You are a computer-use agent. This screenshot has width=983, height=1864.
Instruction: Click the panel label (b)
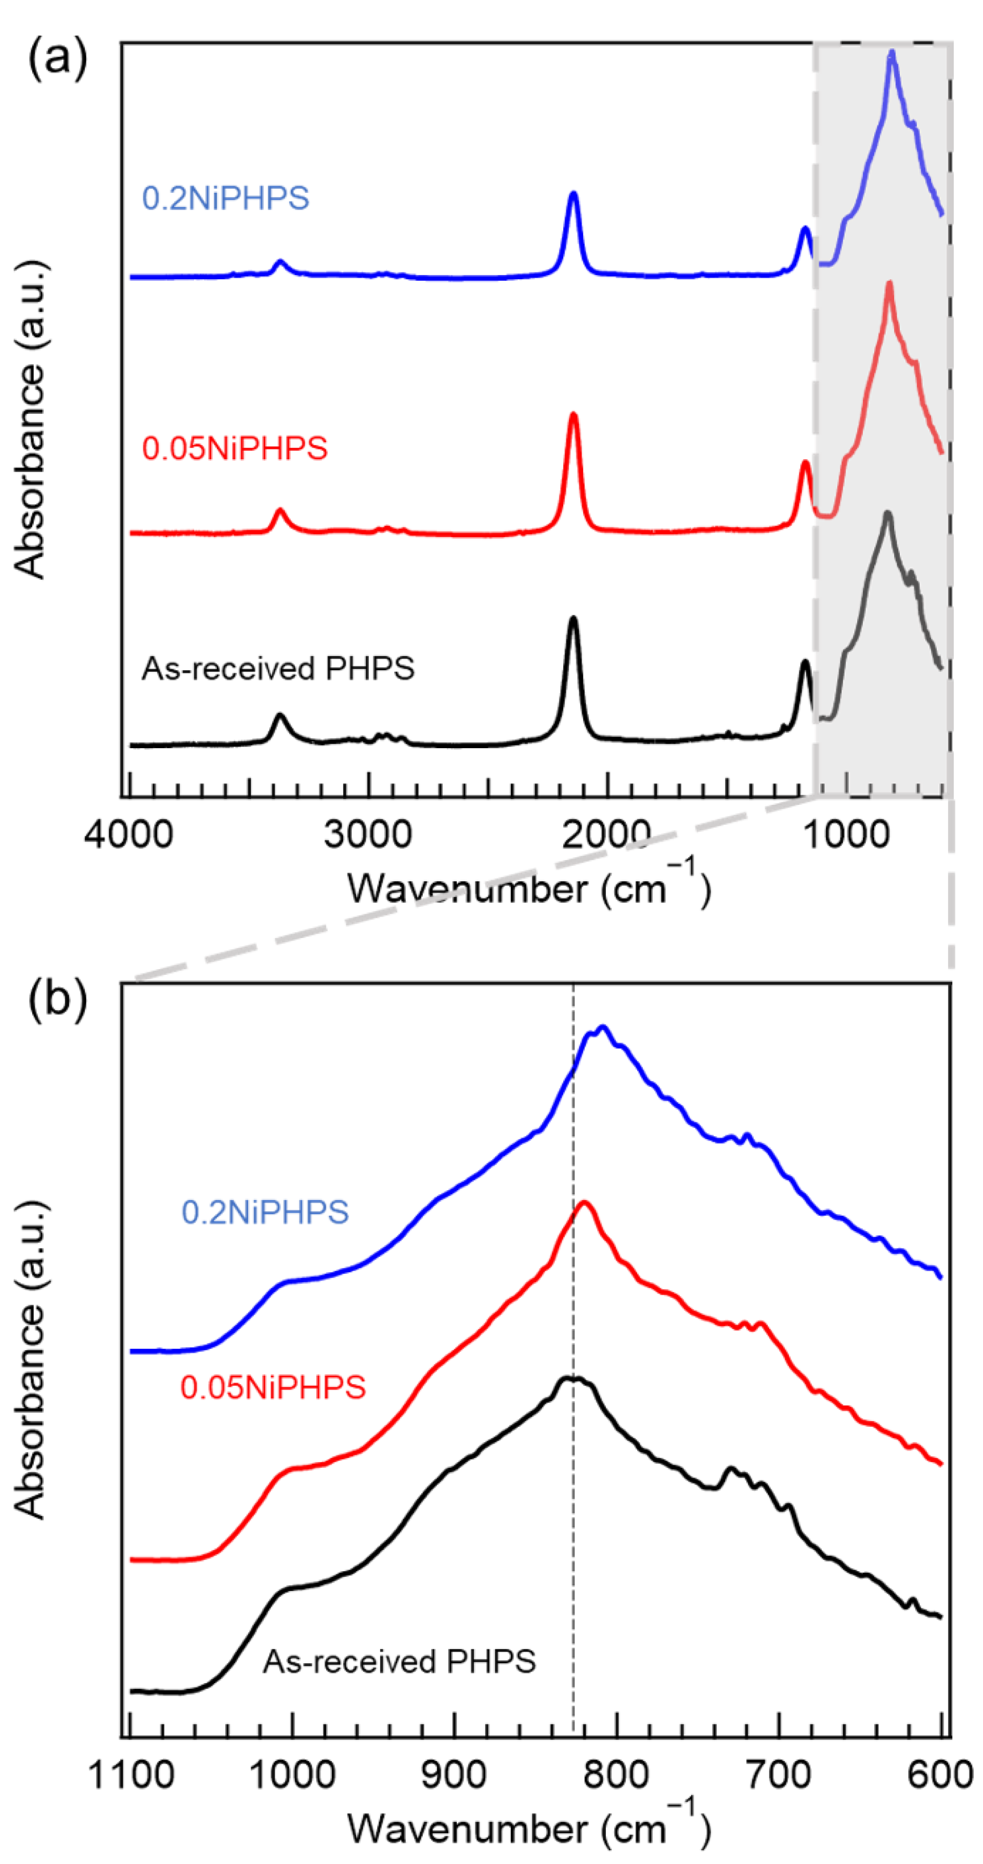click(x=57, y=999)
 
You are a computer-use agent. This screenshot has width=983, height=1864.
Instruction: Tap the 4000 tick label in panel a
click(x=128, y=835)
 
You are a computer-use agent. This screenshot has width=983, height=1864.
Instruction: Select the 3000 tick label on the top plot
click(x=368, y=835)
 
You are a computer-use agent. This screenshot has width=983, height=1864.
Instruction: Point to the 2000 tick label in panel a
click(x=606, y=835)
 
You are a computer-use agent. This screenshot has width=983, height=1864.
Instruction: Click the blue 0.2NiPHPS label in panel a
click(x=225, y=198)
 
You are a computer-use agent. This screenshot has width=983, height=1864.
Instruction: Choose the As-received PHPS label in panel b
click(x=399, y=1661)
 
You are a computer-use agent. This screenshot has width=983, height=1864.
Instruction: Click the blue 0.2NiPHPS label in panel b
click(x=265, y=1212)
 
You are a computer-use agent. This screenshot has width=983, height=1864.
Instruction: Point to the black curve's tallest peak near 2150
click(x=573, y=619)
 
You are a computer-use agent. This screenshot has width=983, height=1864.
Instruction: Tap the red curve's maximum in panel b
click(x=584, y=1203)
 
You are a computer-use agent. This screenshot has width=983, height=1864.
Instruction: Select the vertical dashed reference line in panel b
click(x=573, y=1520)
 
